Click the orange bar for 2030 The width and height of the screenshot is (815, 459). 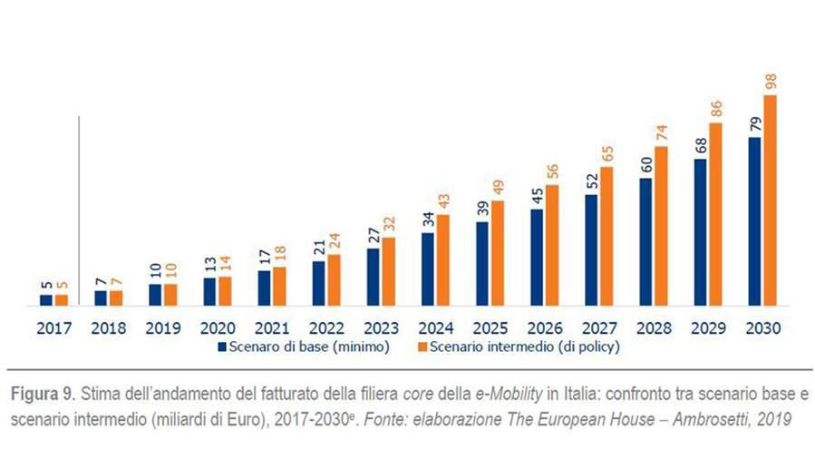[770, 200]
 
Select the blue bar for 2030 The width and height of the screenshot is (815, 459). [754, 221]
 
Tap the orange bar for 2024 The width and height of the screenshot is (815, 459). [443, 260]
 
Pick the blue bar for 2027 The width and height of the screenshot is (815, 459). [591, 250]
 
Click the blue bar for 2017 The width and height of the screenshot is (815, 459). [46, 300]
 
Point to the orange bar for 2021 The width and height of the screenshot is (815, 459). [279, 287]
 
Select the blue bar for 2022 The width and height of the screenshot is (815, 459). [318, 283]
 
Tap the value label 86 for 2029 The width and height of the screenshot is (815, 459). [715, 109]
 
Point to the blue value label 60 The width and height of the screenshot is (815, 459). [646, 165]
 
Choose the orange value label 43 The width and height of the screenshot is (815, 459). [444, 201]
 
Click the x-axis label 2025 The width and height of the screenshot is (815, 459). [490, 328]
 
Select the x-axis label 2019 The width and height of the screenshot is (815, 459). [163, 328]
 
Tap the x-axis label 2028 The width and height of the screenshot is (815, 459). [654, 328]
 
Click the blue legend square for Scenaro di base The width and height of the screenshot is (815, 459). [222, 347]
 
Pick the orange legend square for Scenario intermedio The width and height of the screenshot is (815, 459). [422, 347]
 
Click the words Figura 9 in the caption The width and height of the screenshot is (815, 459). [44, 394]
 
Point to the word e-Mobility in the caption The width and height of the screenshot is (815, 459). [509, 394]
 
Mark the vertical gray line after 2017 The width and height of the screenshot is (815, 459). [79, 210]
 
